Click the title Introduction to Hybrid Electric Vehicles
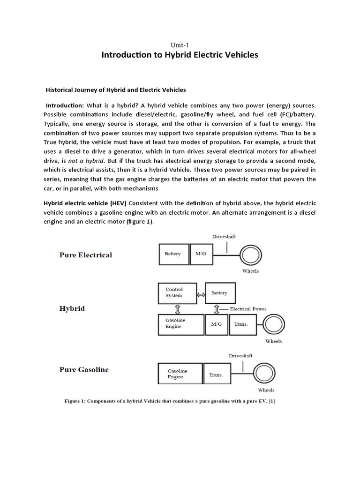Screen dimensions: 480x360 coord(180,55)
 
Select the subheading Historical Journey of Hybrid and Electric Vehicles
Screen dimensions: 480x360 coord(115,90)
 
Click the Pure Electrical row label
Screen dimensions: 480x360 coord(86,255)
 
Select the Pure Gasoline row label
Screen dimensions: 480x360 coord(84,369)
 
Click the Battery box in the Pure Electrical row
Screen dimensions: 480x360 coord(173,255)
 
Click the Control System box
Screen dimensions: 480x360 coord(177,293)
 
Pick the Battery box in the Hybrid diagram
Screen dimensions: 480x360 coord(220,293)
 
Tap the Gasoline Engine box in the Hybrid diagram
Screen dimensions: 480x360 coord(180,324)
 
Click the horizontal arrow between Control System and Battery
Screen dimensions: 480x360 coord(201,294)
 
